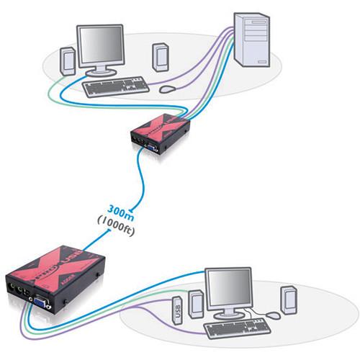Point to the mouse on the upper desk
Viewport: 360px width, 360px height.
167,89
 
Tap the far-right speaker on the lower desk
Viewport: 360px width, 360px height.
288,299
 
